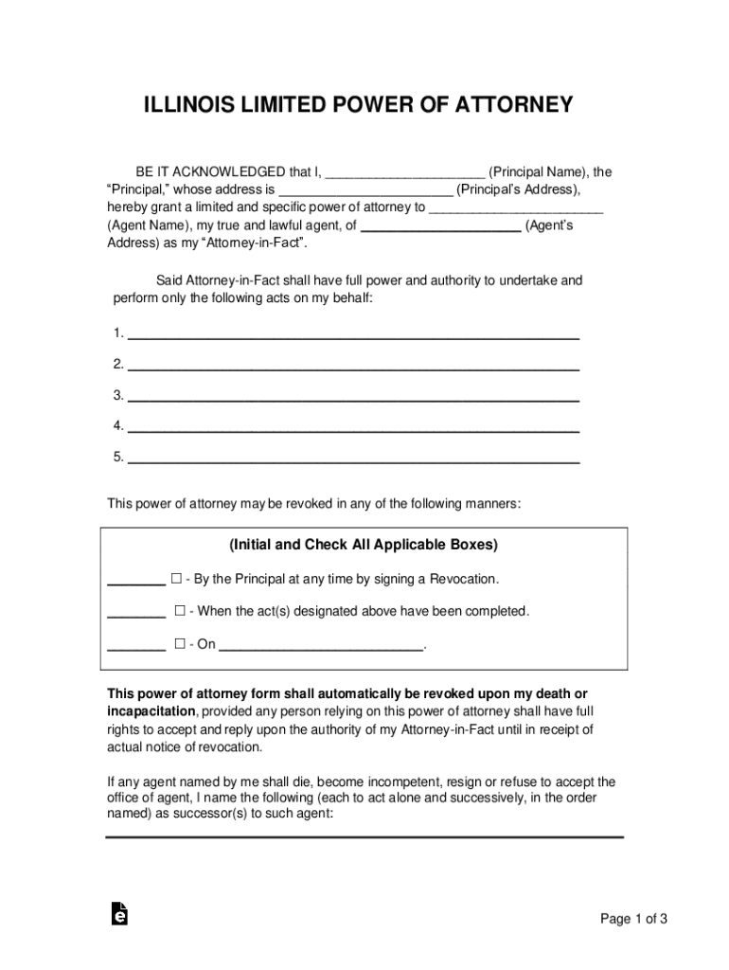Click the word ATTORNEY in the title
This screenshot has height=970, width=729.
[516, 104]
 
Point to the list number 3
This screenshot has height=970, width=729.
[117, 395]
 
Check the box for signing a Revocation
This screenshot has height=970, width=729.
[176, 579]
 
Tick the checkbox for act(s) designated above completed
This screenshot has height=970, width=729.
[180, 611]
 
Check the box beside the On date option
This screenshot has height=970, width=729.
[180, 644]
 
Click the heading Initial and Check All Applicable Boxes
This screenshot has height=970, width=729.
[364, 546]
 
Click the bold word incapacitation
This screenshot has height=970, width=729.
[151, 711]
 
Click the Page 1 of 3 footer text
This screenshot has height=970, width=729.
[634, 919]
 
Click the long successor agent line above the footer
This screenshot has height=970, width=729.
[364, 837]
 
